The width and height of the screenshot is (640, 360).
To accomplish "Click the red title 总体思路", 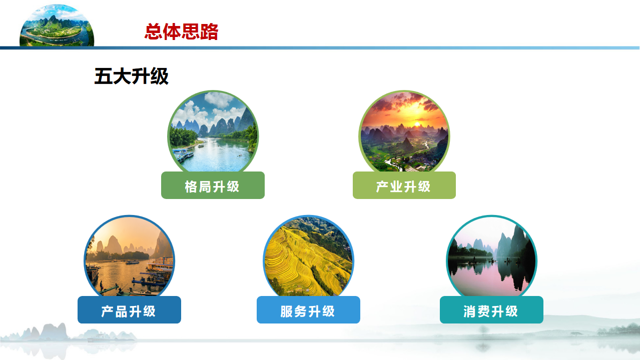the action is click(182, 31).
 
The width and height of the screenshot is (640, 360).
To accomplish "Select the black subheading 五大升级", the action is click(132, 76).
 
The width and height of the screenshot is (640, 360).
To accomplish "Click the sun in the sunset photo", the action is click(417, 124).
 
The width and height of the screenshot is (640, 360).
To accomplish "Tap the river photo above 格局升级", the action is click(213, 132).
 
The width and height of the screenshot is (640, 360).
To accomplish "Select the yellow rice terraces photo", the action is click(308, 256).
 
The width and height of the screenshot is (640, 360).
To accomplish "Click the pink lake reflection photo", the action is click(491, 256).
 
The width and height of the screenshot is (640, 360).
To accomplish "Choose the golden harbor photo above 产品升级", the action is click(129, 256).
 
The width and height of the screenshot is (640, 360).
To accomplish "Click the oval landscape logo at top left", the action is click(57, 25).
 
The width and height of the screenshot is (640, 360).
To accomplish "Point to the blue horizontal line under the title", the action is click(320, 48).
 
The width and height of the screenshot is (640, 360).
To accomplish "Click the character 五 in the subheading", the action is click(103, 76).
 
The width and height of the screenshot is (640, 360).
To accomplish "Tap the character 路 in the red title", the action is click(210, 31).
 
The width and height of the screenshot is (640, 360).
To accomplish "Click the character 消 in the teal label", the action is click(470, 311).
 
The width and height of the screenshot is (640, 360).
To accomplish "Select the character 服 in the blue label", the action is click(287, 311).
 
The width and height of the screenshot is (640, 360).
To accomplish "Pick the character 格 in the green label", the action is click(191, 186).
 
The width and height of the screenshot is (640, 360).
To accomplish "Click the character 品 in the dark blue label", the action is click(122, 311).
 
